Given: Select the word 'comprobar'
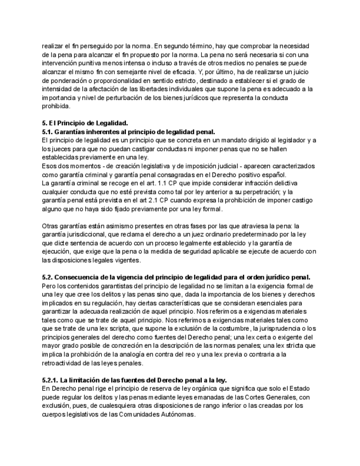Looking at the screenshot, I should click(258, 45).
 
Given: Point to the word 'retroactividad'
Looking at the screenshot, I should click(64, 363).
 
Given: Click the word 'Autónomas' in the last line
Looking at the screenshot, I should click(176, 415).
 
